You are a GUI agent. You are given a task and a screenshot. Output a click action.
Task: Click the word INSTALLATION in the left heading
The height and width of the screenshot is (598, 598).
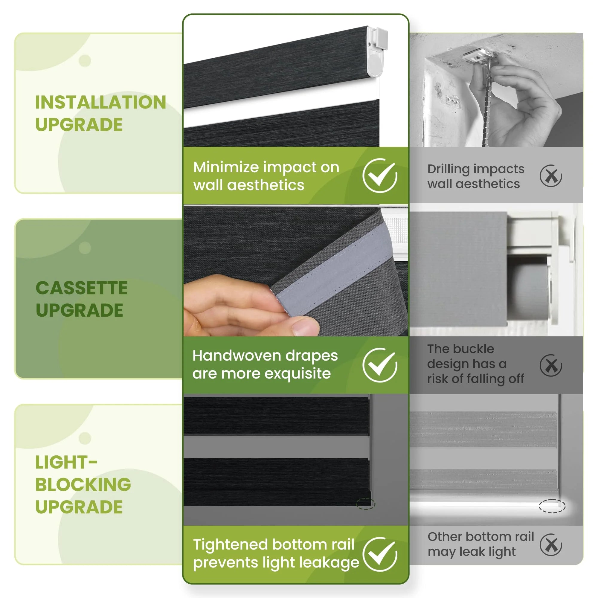[x=100, y=102]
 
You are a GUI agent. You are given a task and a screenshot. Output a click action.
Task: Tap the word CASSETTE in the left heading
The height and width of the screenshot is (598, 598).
[x=82, y=288]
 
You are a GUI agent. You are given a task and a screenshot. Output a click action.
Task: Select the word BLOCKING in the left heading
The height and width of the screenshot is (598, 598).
[x=83, y=484]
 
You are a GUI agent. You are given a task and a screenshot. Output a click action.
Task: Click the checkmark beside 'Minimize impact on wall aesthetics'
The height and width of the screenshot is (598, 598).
[x=380, y=176]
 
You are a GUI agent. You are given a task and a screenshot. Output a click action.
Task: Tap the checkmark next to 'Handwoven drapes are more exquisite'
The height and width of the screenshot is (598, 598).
[x=380, y=365]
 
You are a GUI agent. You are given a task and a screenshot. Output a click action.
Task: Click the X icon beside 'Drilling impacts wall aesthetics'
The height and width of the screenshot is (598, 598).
[x=551, y=176]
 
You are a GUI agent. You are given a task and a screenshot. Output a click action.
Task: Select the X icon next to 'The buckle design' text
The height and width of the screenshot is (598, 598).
[x=551, y=365]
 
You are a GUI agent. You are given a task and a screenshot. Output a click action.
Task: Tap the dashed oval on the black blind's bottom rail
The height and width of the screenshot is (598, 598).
[x=366, y=504]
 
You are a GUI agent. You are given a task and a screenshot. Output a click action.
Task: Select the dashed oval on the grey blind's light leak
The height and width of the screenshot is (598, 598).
[x=552, y=506]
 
